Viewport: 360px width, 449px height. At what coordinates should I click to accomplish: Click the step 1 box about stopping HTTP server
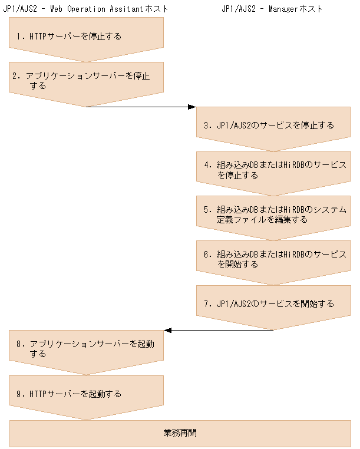point(86,37)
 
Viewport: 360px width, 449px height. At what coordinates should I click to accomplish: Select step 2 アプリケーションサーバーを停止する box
point(86,81)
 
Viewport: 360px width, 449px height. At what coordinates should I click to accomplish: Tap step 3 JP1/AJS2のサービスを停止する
point(273,125)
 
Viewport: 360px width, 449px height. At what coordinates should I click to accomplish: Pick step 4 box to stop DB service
point(273,170)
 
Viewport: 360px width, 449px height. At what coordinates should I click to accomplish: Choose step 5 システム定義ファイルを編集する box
point(273,214)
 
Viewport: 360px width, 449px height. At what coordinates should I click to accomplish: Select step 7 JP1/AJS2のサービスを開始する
point(273,304)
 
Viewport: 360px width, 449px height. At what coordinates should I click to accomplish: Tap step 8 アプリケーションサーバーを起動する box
point(86,349)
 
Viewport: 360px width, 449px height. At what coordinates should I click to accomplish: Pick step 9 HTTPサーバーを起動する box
point(86,394)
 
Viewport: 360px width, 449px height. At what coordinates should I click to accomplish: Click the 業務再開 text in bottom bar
point(180,433)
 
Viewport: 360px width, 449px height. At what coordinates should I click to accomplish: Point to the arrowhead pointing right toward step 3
point(191,107)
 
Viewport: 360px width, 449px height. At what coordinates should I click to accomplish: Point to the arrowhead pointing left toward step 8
point(168,330)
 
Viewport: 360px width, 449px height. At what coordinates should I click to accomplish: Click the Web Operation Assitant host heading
point(86,9)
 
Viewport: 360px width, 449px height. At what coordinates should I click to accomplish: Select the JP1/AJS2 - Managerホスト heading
point(272,9)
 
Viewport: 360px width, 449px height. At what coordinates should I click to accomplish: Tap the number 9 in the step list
point(19,394)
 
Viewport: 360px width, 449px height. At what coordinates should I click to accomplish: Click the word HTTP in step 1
point(37,37)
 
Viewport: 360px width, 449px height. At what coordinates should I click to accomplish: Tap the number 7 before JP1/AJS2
point(207,304)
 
